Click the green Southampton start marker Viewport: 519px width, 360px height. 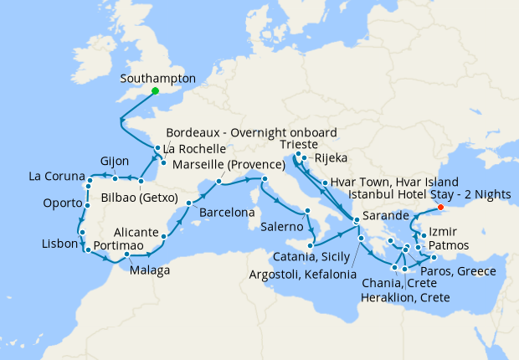pos(155,92)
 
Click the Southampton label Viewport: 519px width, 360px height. pos(158,79)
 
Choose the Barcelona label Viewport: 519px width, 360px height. pos(227,213)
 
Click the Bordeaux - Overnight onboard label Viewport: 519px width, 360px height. pos(251,132)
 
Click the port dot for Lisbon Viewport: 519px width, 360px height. pos(85,248)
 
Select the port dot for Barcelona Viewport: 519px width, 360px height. pos(189,203)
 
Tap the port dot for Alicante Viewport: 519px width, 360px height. pos(163,236)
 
